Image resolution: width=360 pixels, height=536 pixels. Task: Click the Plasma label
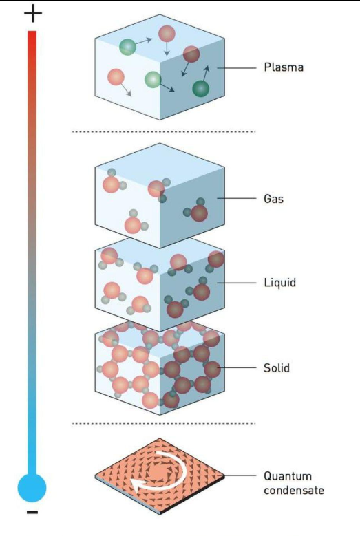click(284, 67)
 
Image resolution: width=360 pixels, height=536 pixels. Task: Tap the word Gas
click(273, 199)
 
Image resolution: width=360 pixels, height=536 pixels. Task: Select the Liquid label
click(279, 283)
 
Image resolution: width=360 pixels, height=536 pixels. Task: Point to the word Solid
click(276, 368)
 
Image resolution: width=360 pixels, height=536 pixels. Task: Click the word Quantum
click(288, 476)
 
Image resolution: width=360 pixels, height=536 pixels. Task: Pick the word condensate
click(294, 490)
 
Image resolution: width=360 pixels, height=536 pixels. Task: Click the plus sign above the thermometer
click(33, 14)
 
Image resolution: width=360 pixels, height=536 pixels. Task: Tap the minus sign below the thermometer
click(32, 512)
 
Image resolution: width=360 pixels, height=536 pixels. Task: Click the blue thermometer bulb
click(32, 488)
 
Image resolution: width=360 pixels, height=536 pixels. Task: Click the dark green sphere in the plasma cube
click(201, 89)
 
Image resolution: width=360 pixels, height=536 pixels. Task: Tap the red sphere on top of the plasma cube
click(167, 34)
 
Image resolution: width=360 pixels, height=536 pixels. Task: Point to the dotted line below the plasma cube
click(163, 131)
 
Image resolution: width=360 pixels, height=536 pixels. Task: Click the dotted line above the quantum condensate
click(163, 424)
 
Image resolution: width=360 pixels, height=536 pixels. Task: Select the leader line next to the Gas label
click(237, 198)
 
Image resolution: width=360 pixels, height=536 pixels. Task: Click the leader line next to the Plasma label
click(237, 68)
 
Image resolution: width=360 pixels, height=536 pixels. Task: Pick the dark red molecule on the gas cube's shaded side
click(198, 211)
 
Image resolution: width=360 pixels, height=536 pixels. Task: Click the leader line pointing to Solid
click(237, 368)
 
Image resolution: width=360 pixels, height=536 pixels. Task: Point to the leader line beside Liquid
click(237, 283)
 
